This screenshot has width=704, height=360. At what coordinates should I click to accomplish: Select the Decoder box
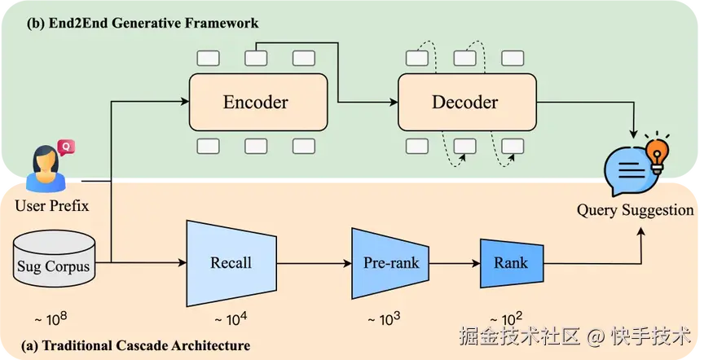click(467, 103)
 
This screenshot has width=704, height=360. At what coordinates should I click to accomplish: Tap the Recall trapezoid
click(231, 262)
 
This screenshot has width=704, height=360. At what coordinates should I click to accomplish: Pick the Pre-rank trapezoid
click(391, 262)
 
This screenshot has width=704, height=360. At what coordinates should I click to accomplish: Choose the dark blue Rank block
click(510, 262)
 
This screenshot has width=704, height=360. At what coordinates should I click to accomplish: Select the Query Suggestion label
click(636, 210)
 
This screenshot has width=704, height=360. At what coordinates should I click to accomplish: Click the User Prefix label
click(52, 206)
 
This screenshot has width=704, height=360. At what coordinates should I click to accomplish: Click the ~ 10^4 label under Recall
click(231, 318)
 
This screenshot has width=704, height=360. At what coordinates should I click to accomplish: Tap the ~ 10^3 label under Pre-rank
click(391, 318)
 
